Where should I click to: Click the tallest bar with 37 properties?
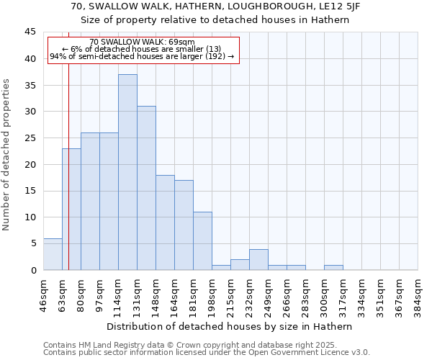[x=127, y=172]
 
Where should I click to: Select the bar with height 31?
[x=146, y=188]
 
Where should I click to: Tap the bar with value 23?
[x=71, y=209]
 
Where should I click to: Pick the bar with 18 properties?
[x=165, y=222]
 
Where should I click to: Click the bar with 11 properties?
[x=202, y=241]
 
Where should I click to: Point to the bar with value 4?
[x=258, y=260]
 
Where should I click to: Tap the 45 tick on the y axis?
[x=30, y=32]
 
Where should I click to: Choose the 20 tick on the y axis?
[x=30, y=164]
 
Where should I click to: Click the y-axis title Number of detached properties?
[x=8, y=155]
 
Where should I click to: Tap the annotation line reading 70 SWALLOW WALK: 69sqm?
[x=143, y=42]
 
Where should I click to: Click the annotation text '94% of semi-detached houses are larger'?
[x=142, y=56]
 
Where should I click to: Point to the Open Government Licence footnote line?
[x=207, y=353]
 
